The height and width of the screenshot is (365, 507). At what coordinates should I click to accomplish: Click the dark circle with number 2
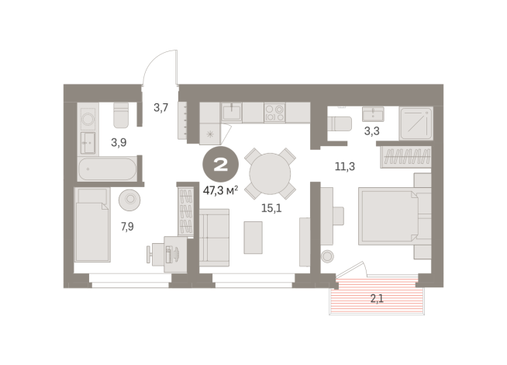click(220, 165)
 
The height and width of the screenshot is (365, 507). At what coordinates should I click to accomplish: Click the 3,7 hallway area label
click(161, 108)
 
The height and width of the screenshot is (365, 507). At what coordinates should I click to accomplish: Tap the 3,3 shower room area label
click(372, 130)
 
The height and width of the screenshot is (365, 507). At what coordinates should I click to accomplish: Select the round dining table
click(269, 173)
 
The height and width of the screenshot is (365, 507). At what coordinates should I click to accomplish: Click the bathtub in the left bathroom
click(108, 169)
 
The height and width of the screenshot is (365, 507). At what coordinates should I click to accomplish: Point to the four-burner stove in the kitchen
click(274, 113)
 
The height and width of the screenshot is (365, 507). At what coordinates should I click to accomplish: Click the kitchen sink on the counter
click(232, 113)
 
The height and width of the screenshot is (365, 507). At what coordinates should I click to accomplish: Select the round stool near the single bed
click(129, 200)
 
